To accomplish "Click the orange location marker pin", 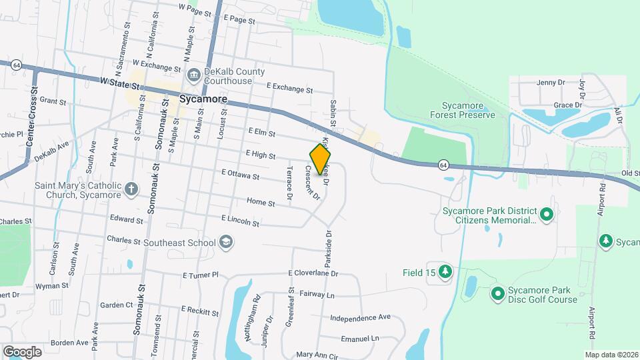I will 320,159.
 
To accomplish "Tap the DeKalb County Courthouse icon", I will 194,74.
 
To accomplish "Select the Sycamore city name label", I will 203,99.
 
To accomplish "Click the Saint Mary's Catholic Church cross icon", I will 131,189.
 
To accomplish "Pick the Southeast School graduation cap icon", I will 226,241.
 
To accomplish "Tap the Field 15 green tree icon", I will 445,271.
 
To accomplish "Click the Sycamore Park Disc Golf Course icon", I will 497,293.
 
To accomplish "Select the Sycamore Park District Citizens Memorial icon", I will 547,215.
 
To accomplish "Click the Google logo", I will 22,351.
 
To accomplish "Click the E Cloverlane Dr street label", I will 313,273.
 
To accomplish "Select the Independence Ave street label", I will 360,317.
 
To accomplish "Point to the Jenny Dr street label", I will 551,83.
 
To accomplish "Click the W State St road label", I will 119,85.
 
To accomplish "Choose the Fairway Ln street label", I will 317,294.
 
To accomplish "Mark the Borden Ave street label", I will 69,343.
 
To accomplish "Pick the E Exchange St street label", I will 289,87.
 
